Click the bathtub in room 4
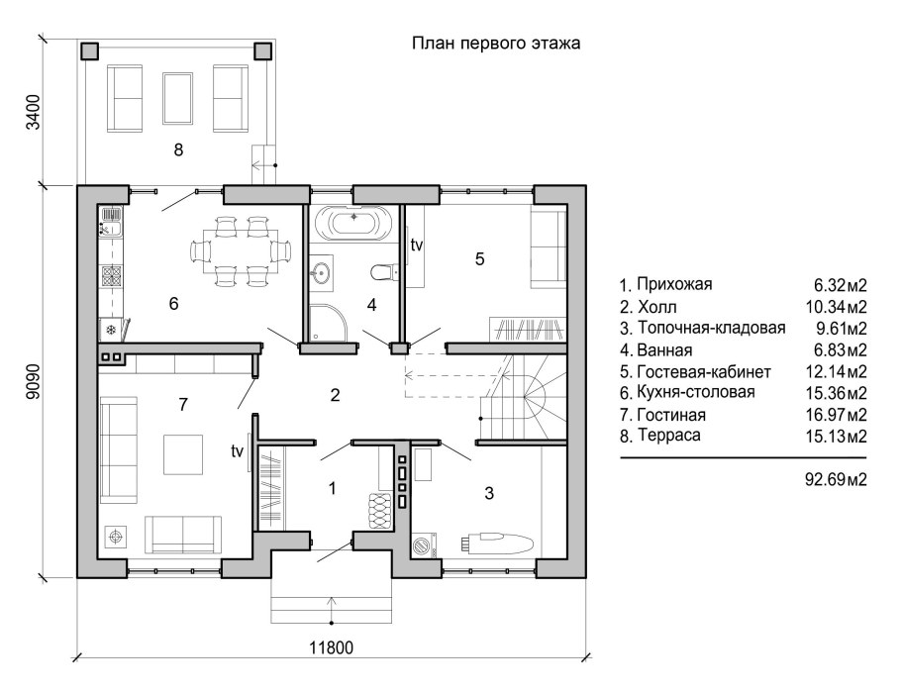[354, 222]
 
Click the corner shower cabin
[328, 322]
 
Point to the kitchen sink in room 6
[111, 223]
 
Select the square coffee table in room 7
[183, 454]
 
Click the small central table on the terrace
[178, 98]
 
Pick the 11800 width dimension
[332, 648]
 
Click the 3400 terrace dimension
[35, 112]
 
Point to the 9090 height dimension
[35, 381]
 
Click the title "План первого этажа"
[496, 44]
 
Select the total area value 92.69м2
[836, 479]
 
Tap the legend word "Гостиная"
[671, 415]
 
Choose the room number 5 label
[480, 259]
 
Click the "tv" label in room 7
[238, 451]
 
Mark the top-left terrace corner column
[89, 51]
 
